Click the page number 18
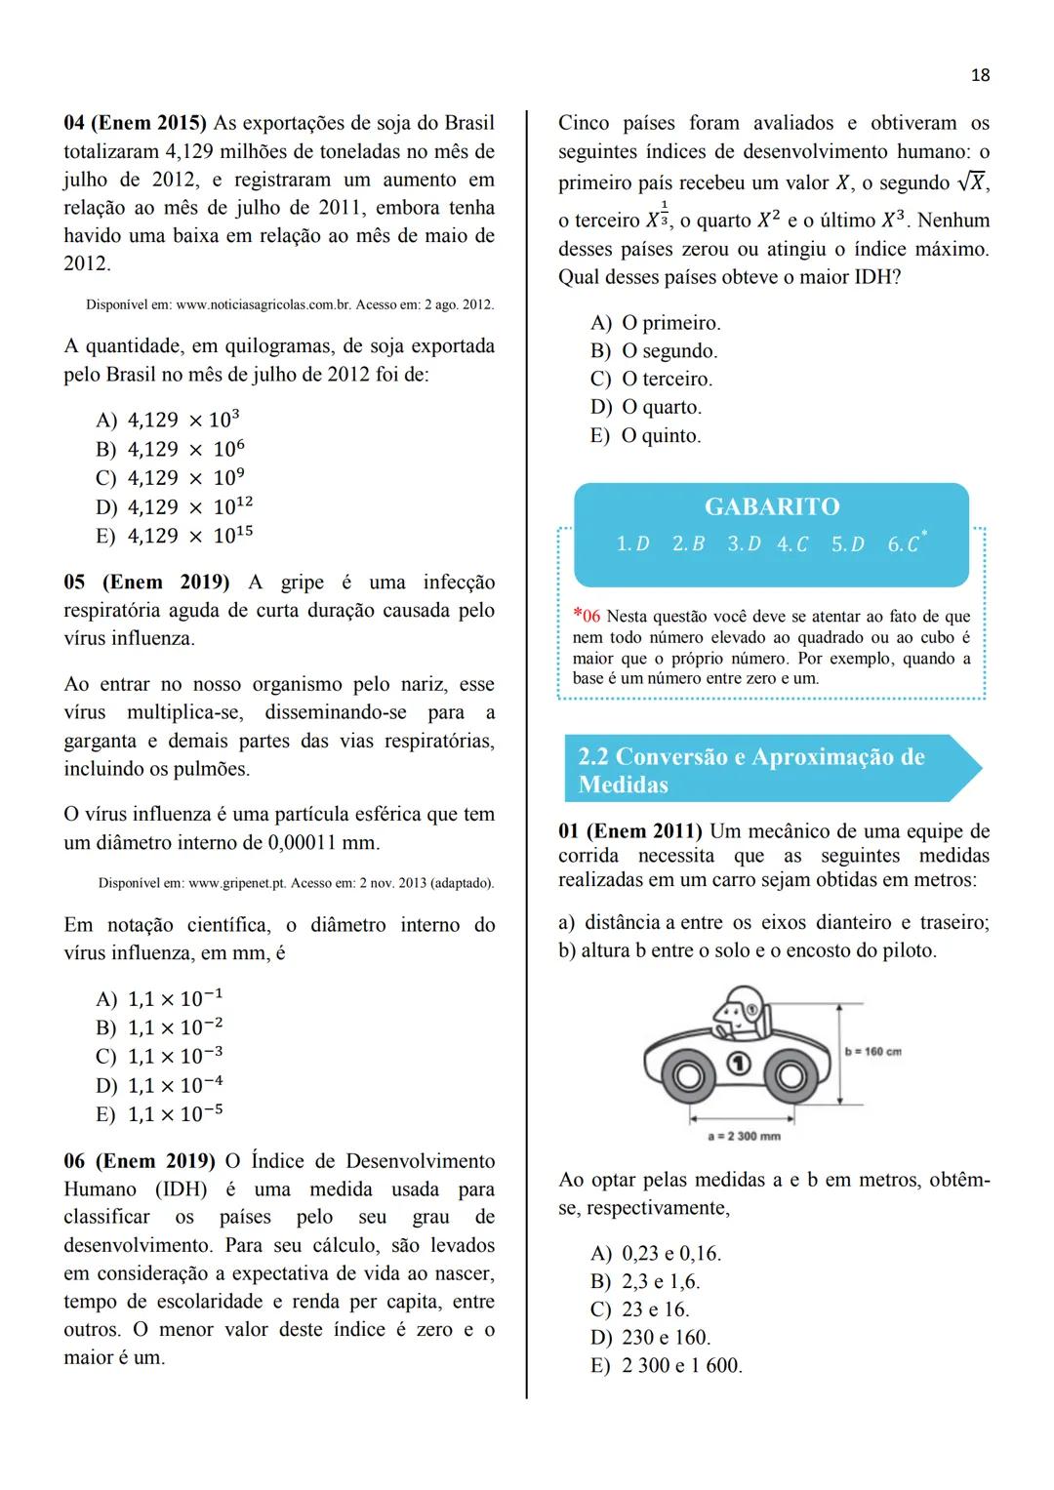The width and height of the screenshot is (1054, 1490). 980,75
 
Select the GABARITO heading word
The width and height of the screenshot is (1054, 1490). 771,506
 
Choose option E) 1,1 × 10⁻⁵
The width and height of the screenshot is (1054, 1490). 160,1114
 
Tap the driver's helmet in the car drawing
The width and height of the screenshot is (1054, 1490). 740,1005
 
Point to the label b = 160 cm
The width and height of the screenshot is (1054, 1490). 872,1051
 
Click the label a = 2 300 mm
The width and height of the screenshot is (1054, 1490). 743,1136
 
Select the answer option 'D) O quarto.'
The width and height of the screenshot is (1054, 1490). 646,407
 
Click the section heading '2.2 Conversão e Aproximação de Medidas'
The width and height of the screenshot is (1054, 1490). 751,770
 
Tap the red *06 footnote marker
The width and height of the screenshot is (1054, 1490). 588,617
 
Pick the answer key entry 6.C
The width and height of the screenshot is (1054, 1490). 905,544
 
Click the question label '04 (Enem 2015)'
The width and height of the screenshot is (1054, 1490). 136,124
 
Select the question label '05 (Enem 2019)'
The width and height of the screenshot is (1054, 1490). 146,583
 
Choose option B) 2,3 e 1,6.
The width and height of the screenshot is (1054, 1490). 645,1281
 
